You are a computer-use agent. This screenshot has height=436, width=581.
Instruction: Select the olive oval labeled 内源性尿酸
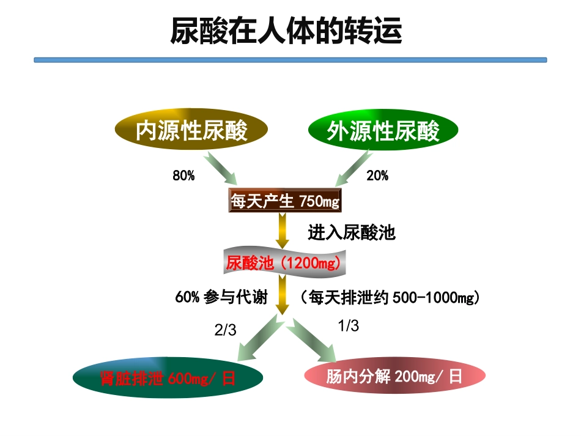(191, 130)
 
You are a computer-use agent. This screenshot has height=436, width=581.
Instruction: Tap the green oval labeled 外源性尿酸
(383, 130)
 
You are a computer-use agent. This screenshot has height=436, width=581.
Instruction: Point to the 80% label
(183, 176)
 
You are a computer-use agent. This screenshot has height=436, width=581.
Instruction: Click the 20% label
(377, 176)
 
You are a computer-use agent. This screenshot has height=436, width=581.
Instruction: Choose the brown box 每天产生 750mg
(284, 200)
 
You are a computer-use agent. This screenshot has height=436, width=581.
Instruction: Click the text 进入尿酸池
(351, 233)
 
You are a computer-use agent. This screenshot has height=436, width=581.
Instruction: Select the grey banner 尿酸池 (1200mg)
(283, 264)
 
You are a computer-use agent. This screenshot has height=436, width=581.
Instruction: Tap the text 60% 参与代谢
(221, 298)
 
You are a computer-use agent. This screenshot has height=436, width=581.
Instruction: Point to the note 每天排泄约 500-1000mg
(389, 298)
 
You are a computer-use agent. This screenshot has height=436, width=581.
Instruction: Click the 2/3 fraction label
(225, 330)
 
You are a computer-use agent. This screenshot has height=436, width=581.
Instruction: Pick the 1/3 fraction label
(349, 326)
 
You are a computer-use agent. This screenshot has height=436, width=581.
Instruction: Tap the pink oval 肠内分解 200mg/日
(394, 376)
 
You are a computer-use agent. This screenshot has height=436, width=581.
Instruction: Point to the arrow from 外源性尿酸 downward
(352, 168)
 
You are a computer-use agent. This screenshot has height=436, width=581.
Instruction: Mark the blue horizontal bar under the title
(290, 60)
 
